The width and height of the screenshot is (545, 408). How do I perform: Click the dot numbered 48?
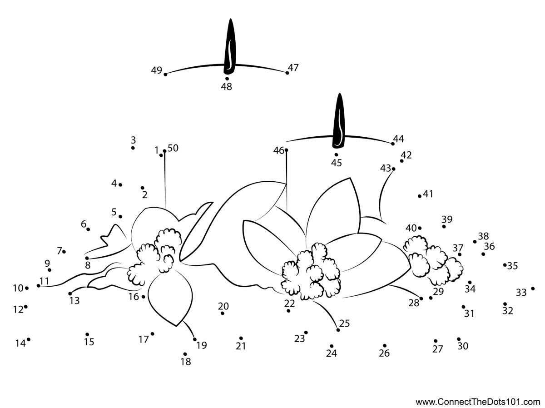(x=227, y=79)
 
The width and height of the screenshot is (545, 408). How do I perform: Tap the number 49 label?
(x=157, y=70)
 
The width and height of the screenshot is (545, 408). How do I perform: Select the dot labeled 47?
(x=287, y=73)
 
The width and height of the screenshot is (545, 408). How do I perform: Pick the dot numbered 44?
(x=393, y=144)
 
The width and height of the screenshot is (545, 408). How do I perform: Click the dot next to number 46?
(x=286, y=150)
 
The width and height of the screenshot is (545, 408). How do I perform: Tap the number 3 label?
(x=133, y=140)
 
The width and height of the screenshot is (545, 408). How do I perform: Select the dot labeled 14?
(x=29, y=339)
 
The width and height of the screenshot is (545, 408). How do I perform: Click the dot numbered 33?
(x=533, y=289)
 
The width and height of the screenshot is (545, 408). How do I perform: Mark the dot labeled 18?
(x=185, y=354)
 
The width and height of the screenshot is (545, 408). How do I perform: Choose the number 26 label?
(x=384, y=353)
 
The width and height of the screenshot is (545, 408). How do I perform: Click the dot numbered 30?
(x=459, y=339)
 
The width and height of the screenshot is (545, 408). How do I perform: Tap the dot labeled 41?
(x=420, y=196)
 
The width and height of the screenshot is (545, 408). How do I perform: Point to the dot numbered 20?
(x=223, y=313)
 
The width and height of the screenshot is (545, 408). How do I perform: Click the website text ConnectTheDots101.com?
(x=478, y=402)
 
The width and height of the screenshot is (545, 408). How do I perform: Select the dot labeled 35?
(x=505, y=264)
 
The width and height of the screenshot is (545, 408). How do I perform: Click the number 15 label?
(x=89, y=342)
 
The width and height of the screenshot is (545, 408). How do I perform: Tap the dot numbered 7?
(x=64, y=251)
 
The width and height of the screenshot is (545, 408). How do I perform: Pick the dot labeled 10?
(x=27, y=288)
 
